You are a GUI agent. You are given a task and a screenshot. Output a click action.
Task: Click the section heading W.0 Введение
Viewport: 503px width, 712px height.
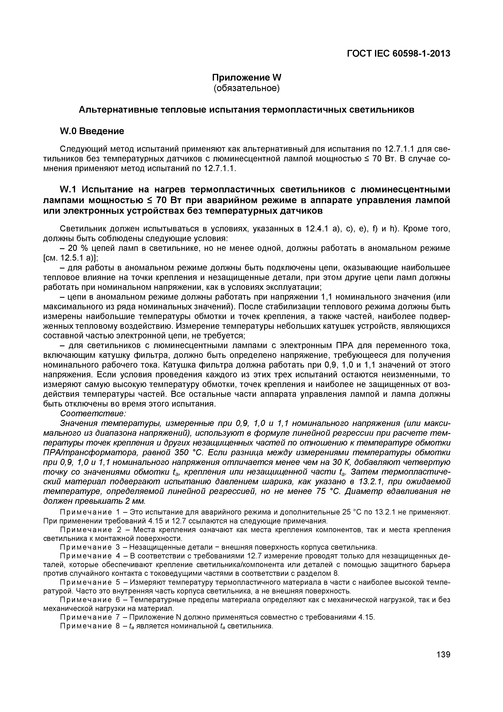pos(91,131)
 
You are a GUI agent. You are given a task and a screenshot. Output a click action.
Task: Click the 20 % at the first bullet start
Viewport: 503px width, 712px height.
pos(75,248)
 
